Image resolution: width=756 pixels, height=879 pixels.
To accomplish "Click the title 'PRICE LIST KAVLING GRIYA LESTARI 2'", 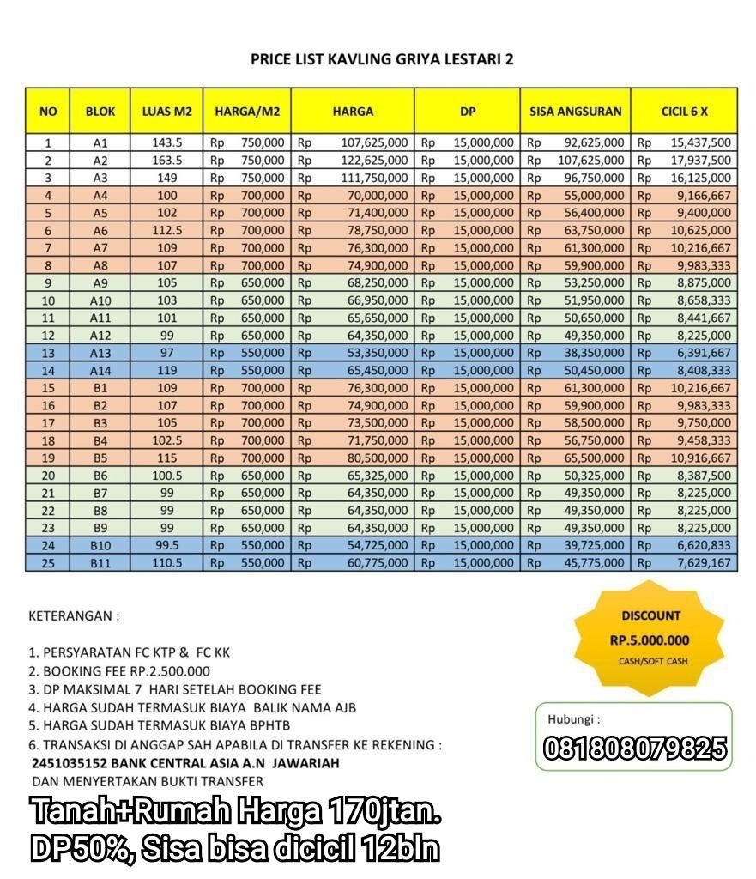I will [x=382, y=59].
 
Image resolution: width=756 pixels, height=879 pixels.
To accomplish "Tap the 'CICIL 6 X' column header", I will [x=684, y=112].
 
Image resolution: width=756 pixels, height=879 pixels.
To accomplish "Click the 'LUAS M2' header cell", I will [x=166, y=112].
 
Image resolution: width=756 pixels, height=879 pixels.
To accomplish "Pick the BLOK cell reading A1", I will [x=100, y=143].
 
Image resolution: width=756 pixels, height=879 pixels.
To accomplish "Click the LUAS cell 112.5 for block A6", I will [x=166, y=231].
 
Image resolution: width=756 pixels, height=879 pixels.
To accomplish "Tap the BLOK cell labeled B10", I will [x=100, y=545].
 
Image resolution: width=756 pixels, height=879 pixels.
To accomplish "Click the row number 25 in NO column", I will [x=48, y=562].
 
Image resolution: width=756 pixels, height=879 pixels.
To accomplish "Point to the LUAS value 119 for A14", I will [x=166, y=370].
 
